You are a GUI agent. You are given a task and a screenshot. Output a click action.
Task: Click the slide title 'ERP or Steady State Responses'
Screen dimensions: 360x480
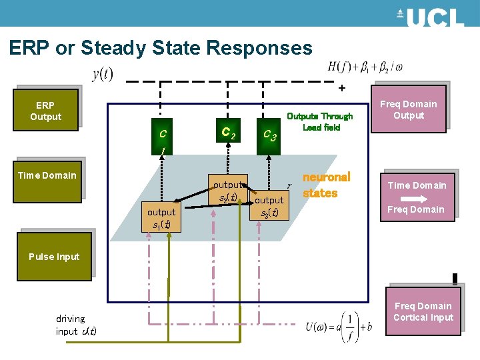point(161,48)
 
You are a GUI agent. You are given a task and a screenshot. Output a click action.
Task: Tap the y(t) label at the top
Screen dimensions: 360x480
point(102,73)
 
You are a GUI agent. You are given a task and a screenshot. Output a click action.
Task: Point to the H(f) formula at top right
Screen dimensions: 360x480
point(365,67)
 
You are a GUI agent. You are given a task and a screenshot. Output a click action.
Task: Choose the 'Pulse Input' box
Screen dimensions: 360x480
point(54,257)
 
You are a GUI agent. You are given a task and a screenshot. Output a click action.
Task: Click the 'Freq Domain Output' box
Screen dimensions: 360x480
point(408,110)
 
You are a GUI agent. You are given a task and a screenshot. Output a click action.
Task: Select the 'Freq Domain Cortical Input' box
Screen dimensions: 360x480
point(423,312)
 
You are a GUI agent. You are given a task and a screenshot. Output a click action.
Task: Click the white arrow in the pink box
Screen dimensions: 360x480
point(417,198)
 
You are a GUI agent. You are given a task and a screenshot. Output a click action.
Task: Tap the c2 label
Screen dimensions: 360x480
point(227,132)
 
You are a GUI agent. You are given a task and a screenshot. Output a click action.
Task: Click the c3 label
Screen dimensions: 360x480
point(270,135)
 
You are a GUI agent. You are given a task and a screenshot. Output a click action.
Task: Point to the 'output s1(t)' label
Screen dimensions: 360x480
point(161,219)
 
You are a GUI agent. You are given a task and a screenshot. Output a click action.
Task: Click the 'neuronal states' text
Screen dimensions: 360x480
point(326,185)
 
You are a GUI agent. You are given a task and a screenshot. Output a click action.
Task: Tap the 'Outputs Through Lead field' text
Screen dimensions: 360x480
point(319,121)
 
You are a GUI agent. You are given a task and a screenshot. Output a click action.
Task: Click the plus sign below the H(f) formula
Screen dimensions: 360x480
point(342,88)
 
